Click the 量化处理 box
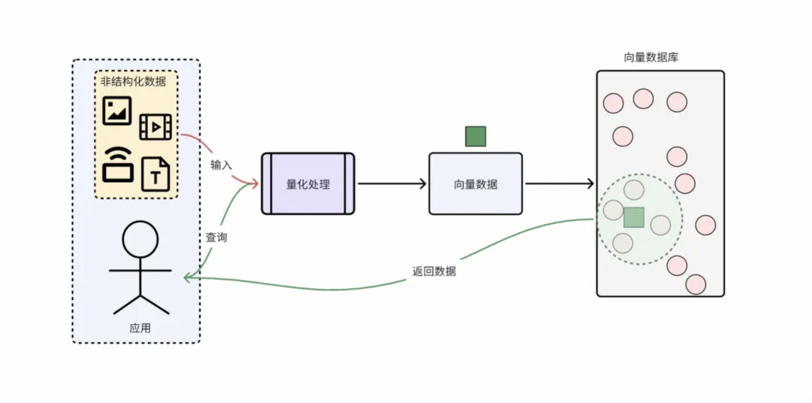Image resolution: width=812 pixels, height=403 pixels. click(x=308, y=183)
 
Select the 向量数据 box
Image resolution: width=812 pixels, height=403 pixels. click(x=475, y=183)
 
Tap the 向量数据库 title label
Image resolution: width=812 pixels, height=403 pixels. click(x=651, y=57)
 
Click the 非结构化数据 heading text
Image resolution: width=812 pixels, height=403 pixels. click(x=133, y=81)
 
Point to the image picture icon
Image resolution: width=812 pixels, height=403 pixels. click(x=117, y=111)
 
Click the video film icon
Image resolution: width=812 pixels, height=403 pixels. click(x=156, y=127)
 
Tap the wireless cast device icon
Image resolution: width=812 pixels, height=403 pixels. click(x=117, y=163)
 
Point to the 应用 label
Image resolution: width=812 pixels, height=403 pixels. click(x=141, y=328)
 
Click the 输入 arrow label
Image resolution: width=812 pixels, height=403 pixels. click(x=222, y=164)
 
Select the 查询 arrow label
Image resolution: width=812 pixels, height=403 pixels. click(x=217, y=237)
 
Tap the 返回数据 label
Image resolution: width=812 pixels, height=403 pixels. click(x=434, y=271)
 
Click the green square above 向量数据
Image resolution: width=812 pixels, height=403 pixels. click(x=475, y=136)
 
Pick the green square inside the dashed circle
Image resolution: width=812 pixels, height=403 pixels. click(x=634, y=217)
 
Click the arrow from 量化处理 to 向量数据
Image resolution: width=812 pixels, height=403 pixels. click(x=391, y=183)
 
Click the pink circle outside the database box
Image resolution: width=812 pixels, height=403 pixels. click(x=705, y=225)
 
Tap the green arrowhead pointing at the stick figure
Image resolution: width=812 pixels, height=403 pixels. click(x=188, y=277)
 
